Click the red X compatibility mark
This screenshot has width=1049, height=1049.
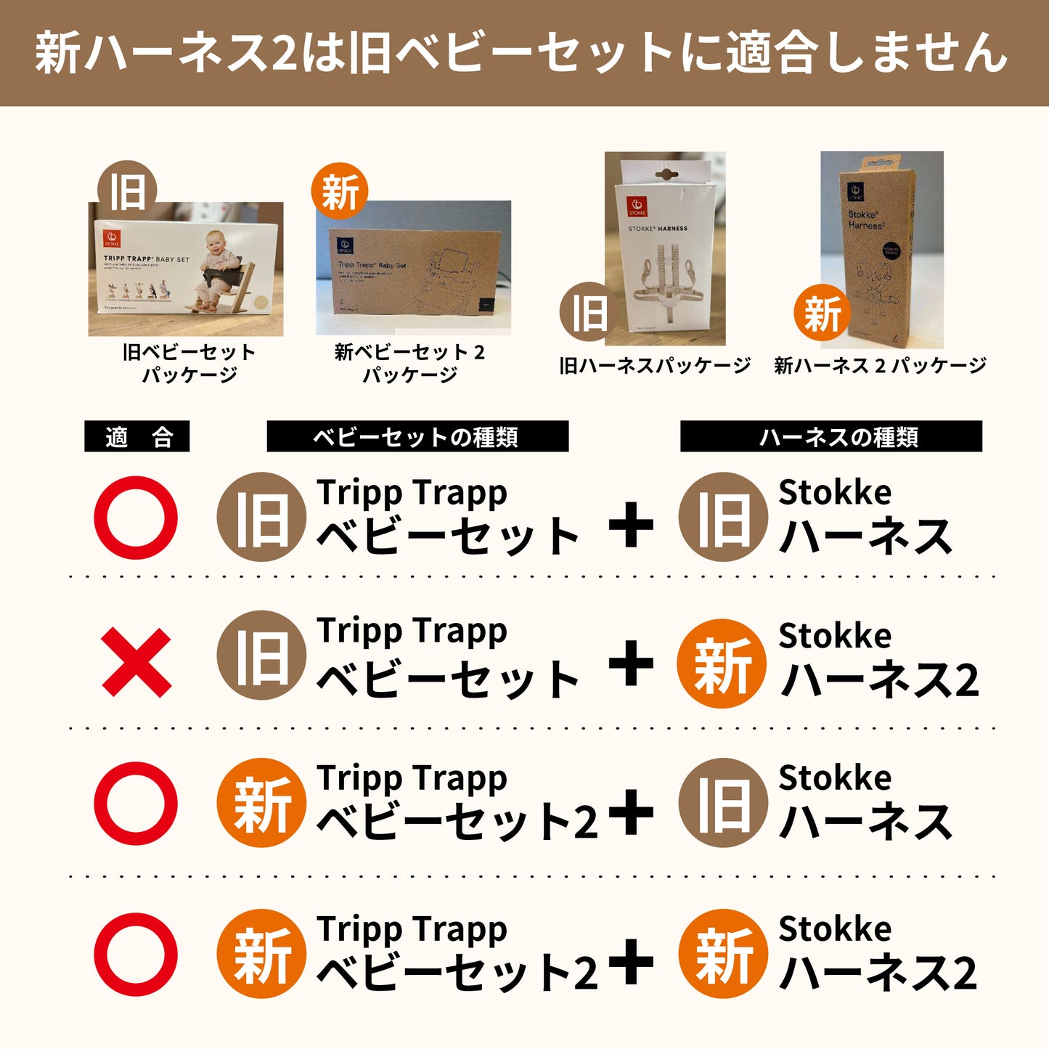[136, 663]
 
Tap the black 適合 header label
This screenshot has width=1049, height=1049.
[137, 437]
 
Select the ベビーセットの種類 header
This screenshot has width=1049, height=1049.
[417, 437]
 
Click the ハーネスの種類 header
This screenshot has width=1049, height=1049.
[830, 437]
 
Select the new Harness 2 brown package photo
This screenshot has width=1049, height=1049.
[882, 247]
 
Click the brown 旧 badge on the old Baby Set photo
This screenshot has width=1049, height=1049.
[128, 190]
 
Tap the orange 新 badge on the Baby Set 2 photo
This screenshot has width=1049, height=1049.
[340, 192]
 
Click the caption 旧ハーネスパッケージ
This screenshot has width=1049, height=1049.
[655, 366]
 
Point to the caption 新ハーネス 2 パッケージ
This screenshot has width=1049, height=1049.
[880, 366]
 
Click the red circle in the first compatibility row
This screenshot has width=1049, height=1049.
[136, 518]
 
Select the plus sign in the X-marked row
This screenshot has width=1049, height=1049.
[631, 663]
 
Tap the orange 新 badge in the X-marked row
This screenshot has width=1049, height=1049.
[722, 664]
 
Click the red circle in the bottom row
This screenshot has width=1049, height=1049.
[136, 955]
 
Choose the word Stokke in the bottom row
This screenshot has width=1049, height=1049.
[835, 928]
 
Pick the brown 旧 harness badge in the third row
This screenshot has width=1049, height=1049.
[723, 803]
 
